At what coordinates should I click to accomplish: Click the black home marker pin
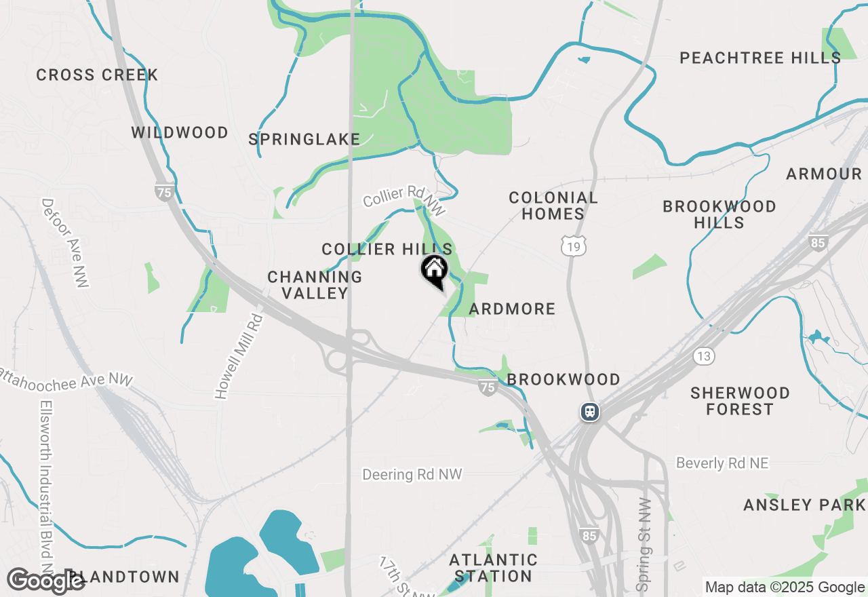click(x=434, y=271)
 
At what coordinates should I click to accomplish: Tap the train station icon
click(x=589, y=412)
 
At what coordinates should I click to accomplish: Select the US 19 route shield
click(x=574, y=247)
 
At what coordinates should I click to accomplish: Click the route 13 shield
click(x=704, y=355)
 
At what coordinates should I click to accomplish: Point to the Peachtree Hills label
click(x=760, y=58)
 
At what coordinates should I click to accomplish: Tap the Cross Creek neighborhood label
click(x=97, y=75)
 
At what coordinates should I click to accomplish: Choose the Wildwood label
click(x=180, y=132)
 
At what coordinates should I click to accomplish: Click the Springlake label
click(x=304, y=140)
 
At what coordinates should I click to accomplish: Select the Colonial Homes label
click(x=553, y=206)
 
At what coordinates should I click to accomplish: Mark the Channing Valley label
click(x=315, y=285)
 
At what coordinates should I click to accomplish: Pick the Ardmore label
click(x=512, y=309)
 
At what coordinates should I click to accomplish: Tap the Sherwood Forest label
click(x=740, y=401)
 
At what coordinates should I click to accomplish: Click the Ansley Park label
click(x=804, y=505)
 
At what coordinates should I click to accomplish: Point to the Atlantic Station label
click(x=493, y=568)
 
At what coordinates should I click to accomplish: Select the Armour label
click(x=824, y=174)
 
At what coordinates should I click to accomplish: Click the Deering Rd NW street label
click(x=412, y=474)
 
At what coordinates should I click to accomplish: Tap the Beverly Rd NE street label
click(x=722, y=463)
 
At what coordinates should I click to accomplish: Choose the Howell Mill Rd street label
click(x=238, y=355)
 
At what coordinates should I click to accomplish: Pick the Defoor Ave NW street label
click(x=64, y=242)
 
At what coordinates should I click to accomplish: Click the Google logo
click(x=45, y=581)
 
